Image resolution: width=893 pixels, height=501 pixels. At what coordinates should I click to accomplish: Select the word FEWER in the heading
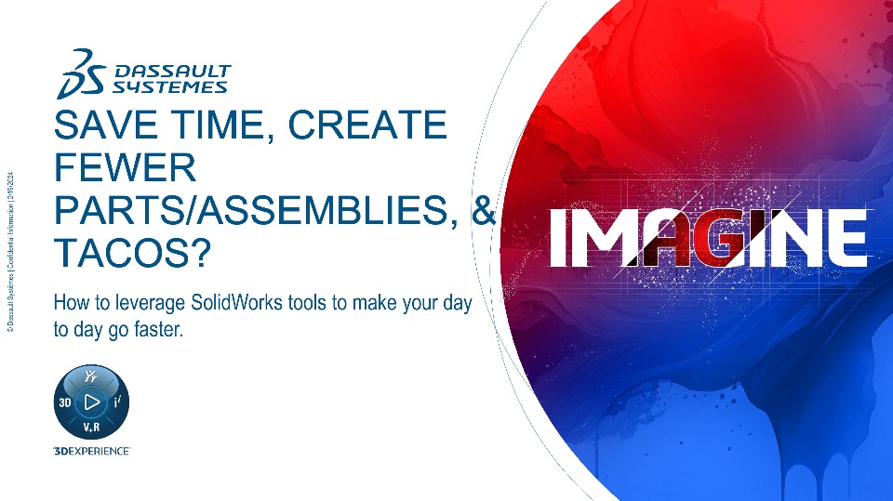tap(125, 167)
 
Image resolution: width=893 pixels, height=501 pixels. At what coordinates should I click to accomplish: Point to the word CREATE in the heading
tap(367, 125)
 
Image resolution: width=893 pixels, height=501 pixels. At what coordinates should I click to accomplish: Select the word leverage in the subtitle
tap(151, 303)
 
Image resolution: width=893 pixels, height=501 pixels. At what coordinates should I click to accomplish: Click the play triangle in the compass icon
tap(92, 402)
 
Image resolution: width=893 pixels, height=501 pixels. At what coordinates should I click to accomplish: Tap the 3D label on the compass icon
tap(65, 402)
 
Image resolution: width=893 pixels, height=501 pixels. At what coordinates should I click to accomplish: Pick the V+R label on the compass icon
tap(92, 427)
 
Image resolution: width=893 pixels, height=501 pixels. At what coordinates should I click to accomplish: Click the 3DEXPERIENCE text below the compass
tap(91, 451)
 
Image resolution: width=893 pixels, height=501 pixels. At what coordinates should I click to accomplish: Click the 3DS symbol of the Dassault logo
tap(81, 74)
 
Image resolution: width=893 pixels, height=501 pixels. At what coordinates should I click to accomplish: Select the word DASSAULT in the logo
tap(173, 72)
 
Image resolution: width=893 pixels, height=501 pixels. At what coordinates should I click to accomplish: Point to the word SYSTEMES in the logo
tap(169, 87)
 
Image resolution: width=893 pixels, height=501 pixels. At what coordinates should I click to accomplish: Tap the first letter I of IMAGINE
tap(559, 237)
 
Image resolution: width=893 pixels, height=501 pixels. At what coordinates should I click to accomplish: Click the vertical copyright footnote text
tap(11, 252)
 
